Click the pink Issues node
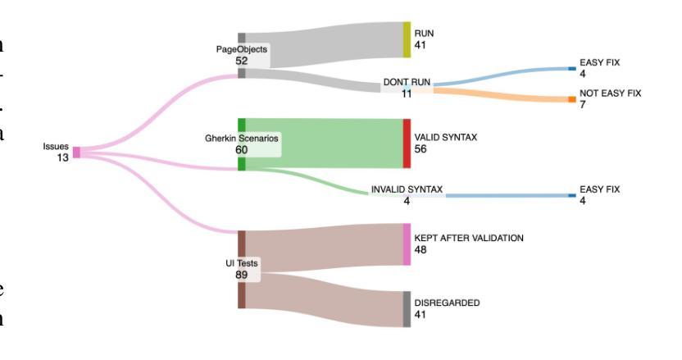[76, 152]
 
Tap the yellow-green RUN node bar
[406, 39]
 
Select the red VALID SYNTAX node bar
[406, 144]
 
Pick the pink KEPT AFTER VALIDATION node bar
[406, 244]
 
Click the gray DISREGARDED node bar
[406, 308]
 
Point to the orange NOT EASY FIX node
[572, 99]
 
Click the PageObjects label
[241, 49]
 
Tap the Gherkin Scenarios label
[242, 139]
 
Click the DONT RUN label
[407, 83]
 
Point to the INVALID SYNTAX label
[407, 189]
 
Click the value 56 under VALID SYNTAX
[421, 149]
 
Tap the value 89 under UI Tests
[242, 275]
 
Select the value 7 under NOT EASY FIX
[582, 105]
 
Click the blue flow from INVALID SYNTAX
[508, 196]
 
